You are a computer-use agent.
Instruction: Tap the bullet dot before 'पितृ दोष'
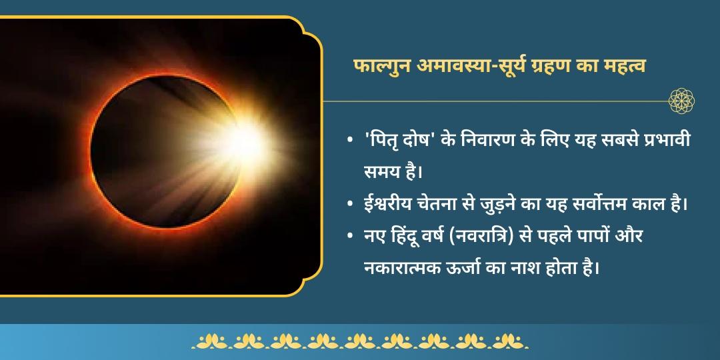(350, 142)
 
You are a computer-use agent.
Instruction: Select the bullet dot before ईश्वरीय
(350, 204)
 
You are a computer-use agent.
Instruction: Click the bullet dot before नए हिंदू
(350, 236)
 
